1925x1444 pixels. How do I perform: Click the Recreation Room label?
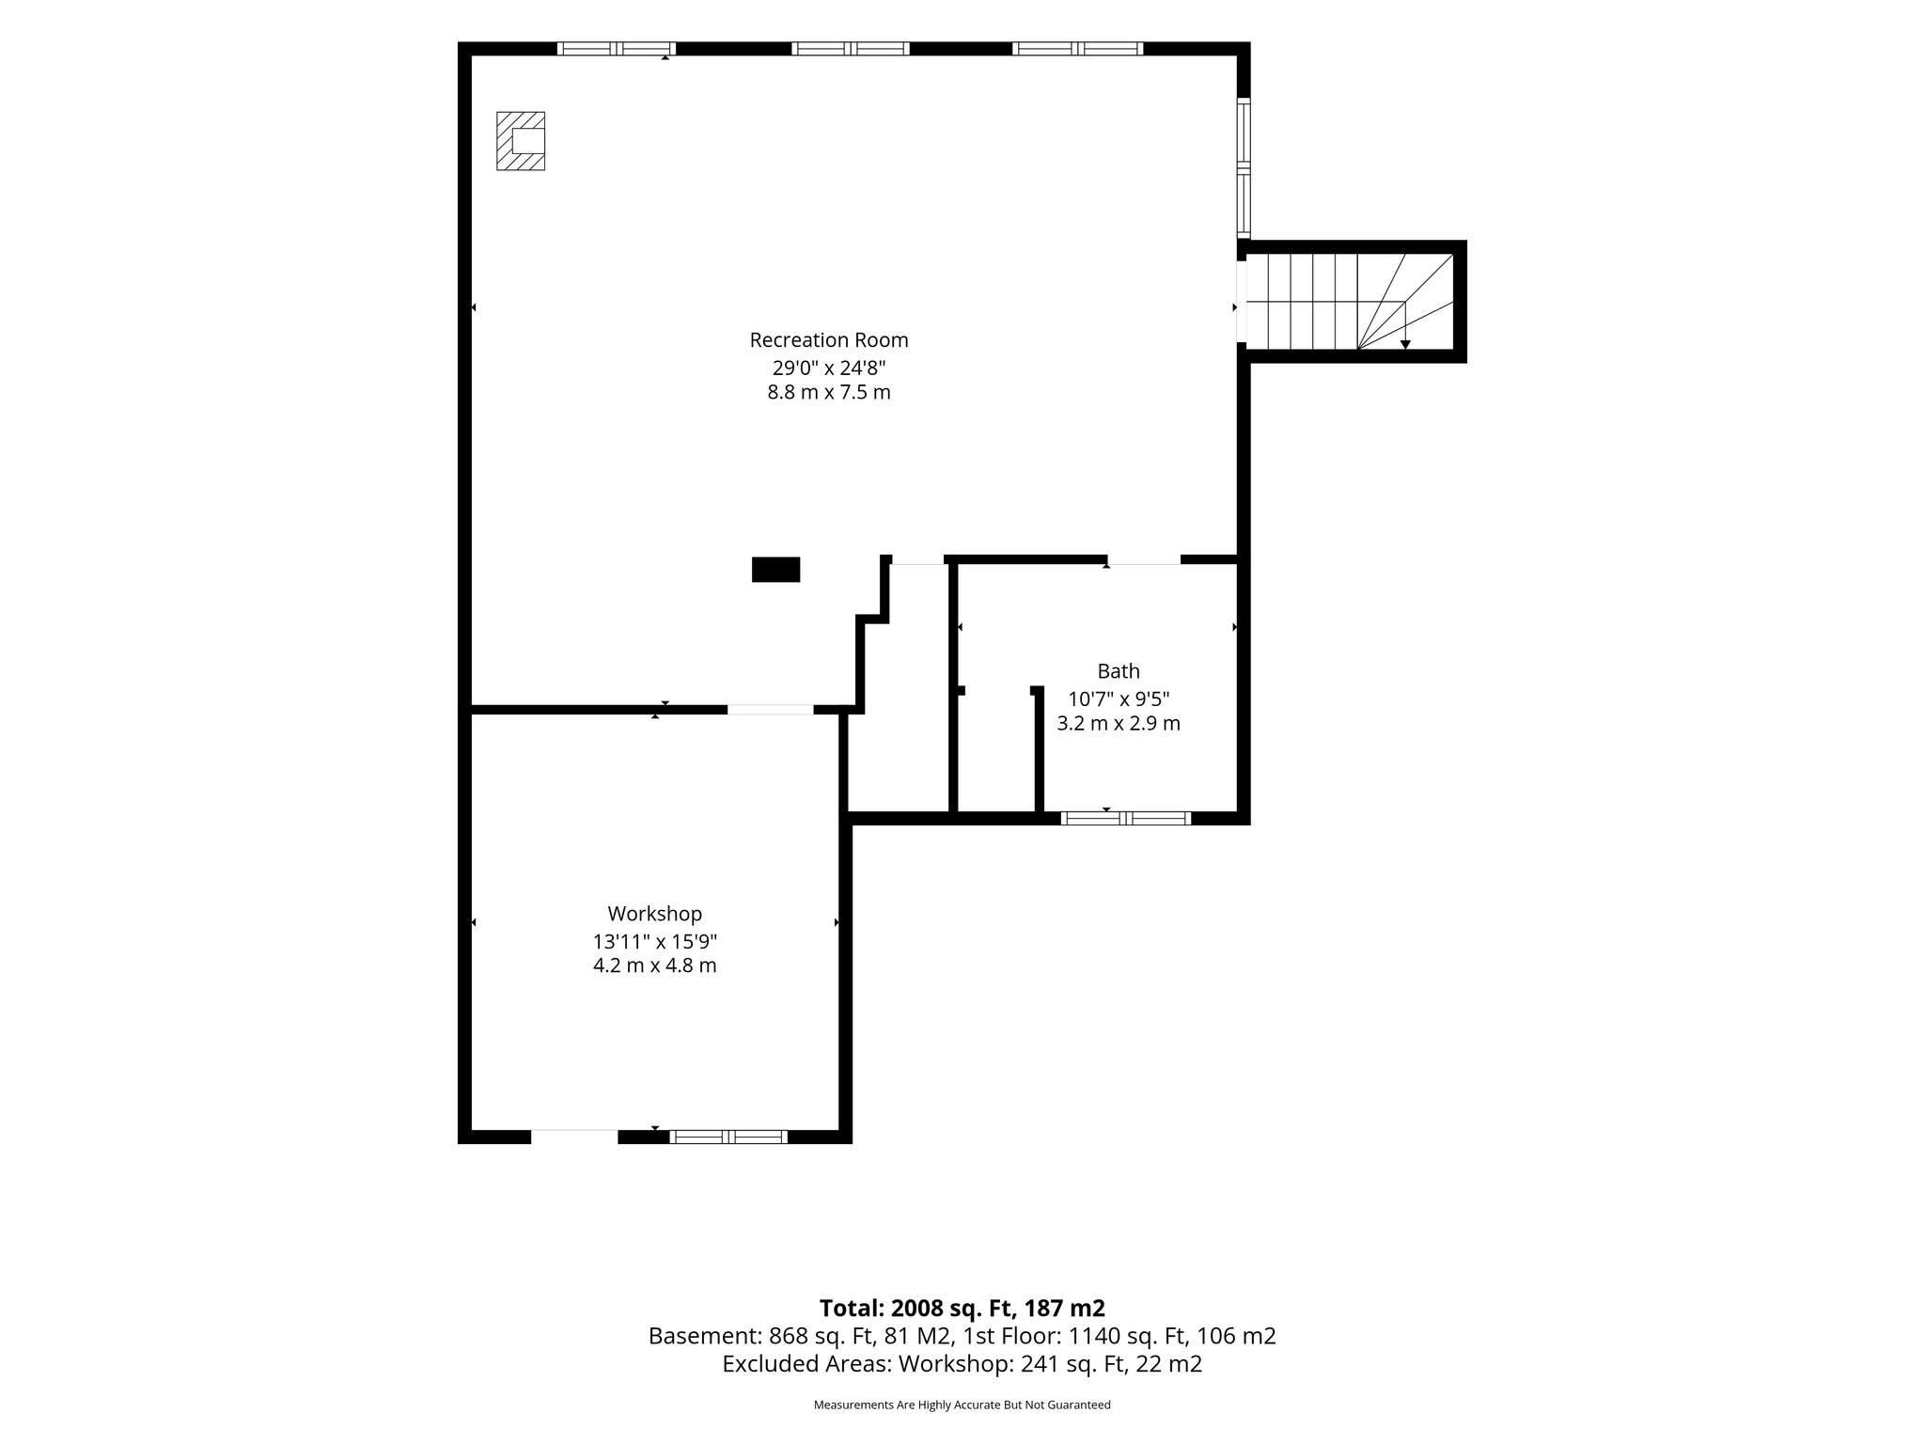pos(829,339)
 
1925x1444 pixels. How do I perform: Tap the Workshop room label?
pos(654,914)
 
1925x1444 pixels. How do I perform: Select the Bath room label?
pos(1119,671)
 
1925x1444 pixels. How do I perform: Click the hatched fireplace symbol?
pos(521,141)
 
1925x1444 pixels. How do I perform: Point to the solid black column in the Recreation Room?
pos(775,570)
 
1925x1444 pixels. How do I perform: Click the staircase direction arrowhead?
pos(1405,345)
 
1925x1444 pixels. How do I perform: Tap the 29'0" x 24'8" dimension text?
pos(829,368)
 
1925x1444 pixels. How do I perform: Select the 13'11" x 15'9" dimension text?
pos(654,941)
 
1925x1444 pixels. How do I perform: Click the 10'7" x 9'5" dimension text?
pos(1119,698)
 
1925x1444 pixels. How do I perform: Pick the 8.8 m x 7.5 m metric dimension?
pos(829,393)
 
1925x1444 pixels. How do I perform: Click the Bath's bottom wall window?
pos(1126,818)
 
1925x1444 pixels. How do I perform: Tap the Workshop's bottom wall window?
pos(728,1137)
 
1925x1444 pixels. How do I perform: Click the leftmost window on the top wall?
pos(617,49)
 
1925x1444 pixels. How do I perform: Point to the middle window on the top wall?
pos(851,49)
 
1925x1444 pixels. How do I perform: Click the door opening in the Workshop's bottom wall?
pos(574,1137)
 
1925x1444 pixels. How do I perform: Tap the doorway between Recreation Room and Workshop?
pos(771,710)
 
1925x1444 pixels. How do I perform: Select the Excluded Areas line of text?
pos(962,1364)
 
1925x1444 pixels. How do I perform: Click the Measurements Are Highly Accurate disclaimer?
pos(962,1405)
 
